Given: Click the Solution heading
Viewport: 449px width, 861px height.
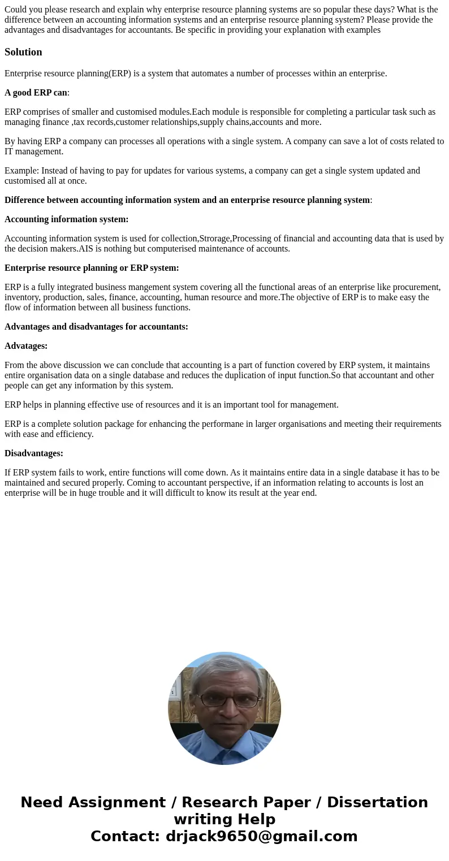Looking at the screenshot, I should [23, 52].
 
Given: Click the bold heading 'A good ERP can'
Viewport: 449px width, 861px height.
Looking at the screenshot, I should [36, 93].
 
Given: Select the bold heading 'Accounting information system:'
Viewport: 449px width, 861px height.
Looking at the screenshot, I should [66, 219].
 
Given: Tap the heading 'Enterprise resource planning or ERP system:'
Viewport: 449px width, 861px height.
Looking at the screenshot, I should [92, 268].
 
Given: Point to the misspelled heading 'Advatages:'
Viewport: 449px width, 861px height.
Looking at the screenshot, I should [26, 346].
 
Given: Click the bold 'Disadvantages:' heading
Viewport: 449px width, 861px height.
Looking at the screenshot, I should [34, 453].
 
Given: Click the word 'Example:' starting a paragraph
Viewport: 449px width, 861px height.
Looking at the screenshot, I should [21, 171].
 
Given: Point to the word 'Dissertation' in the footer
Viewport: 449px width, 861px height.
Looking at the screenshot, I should [377, 802].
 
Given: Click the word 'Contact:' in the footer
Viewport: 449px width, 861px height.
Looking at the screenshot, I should [125, 836].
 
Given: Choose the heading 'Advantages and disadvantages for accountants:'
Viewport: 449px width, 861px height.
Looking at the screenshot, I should [96, 327].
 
